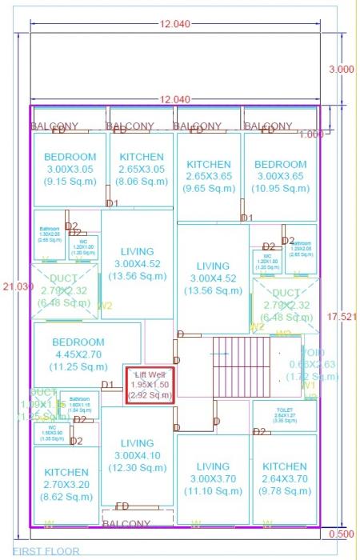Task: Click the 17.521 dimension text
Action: (x=341, y=317)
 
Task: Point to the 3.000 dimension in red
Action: (x=341, y=70)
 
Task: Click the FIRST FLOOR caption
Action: (x=46, y=551)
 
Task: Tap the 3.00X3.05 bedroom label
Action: (x=70, y=170)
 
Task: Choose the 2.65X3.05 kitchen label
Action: (x=142, y=170)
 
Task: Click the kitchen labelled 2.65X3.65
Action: (x=208, y=176)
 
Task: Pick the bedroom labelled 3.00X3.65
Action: (x=281, y=176)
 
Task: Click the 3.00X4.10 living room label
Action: (x=137, y=456)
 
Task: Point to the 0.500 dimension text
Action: (x=341, y=534)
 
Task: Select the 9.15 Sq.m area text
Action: (x=70, y=182)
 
